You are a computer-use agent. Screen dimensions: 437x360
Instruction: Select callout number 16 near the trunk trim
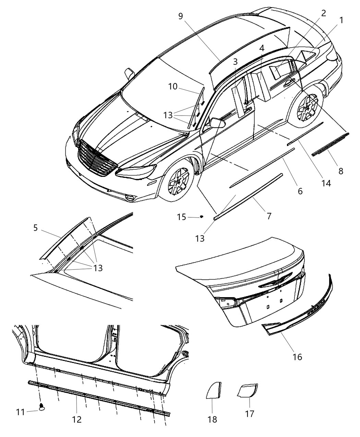(297, 357)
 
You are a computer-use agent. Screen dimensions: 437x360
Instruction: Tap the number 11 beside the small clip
(21, 412)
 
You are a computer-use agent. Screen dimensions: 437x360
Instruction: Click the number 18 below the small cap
(212, 419)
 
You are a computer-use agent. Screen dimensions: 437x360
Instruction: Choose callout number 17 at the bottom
(250, 414)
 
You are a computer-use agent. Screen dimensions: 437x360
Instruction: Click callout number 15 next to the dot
(182, 217)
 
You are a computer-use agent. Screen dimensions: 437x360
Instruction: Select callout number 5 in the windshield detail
(36, 228)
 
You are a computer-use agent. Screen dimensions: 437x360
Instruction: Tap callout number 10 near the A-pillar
(173, 86)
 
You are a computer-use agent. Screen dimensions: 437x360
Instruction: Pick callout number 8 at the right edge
(340, 171)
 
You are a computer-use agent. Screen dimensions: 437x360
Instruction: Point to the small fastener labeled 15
(202, 217)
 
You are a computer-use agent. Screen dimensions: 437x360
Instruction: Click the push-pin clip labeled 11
(42, 407)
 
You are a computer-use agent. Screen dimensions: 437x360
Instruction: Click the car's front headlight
(135, 171)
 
